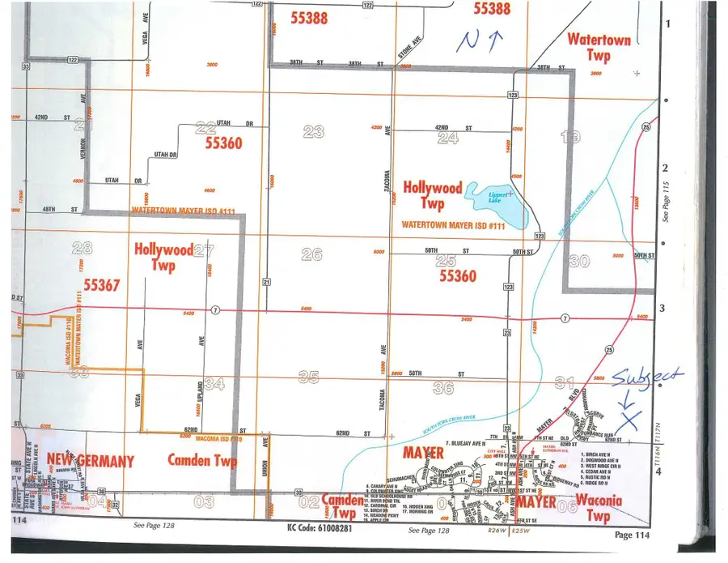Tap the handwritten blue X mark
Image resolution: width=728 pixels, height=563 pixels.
pyautogui.click(x=628, y=417)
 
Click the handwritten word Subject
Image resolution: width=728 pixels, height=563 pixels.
pyautogui.click(x=647, y=377)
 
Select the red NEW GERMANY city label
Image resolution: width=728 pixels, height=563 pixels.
pyautogui.click(x=90, y=461)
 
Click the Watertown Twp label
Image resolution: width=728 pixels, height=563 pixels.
pyautogui.click(x=599, y=47)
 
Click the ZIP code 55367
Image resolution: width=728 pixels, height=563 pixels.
pyautogui.click(x=101, y=284)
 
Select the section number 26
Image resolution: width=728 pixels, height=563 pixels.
pyautogui.click(x=311, y=254)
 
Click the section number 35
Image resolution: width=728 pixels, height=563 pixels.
pyautogui.click(x=308, y=377)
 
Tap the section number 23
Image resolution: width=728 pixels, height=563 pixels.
pyautogui.click(x=313, y=131)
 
